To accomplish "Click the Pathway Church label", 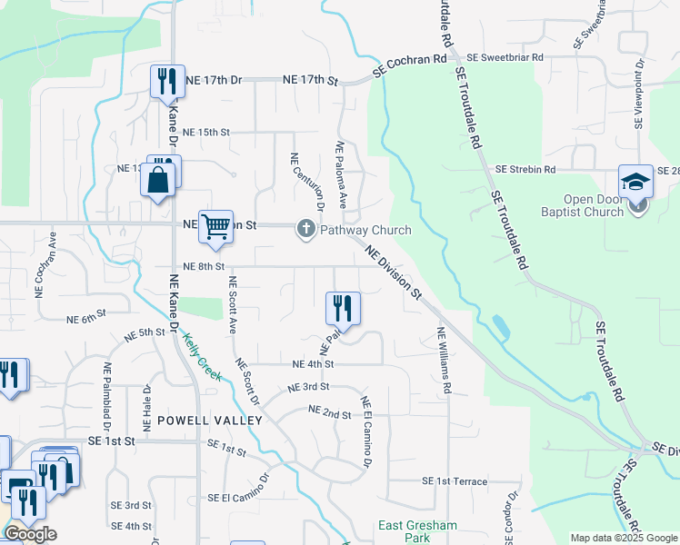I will coord(365,230).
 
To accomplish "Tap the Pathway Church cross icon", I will coord(306,230).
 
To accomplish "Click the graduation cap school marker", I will coord(635,180).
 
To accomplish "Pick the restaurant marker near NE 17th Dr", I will coord(167,81).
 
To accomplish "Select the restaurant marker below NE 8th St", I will coord(343,307).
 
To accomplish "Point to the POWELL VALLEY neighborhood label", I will coord(210,421).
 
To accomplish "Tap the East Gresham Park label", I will coord(405,532).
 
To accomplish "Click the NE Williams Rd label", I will coord(444,361).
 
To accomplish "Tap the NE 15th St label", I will coord(206,132).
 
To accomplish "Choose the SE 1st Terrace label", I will coord(455,481).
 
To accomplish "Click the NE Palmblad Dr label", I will coord(108,396).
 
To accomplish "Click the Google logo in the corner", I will coord(30,534).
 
